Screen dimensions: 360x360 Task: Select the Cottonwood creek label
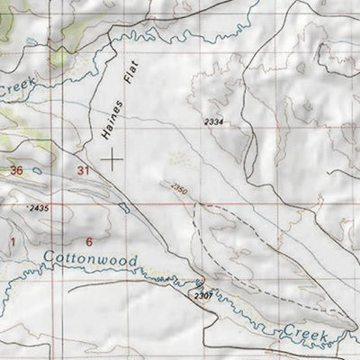click(91, 261)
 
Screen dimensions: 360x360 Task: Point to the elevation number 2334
click(212, 121)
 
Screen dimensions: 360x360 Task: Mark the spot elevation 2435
click(39, 208)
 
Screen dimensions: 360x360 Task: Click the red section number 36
click(14, 170)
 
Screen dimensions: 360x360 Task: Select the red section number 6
click(88, 241)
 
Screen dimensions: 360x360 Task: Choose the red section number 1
click(13, 241)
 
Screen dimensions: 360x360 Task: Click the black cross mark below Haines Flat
click(112, 160)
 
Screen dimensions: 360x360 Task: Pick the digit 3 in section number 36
click(11, 170)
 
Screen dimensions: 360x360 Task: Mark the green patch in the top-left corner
click(6, 22)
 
